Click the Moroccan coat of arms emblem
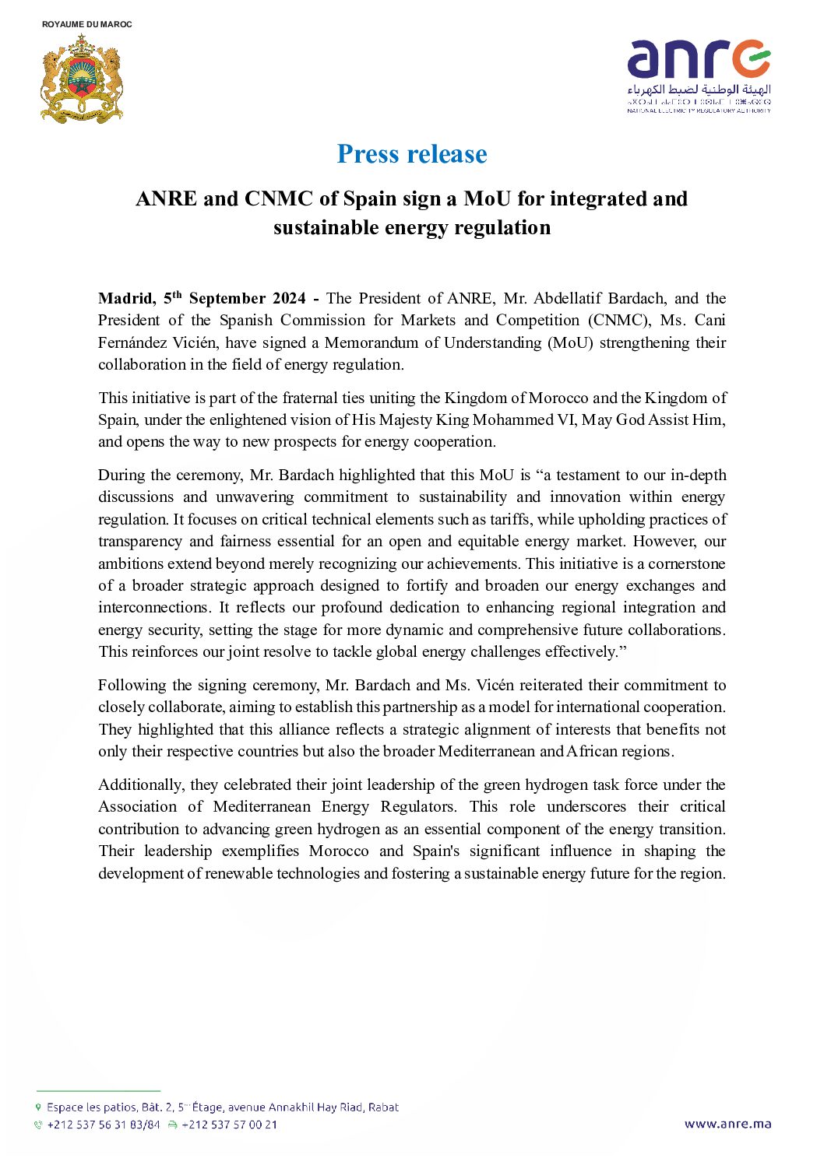[82, 79]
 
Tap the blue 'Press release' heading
[412, 154]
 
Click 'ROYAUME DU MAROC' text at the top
[87, 24]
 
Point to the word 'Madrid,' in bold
[126, 299]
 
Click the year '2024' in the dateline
[288, 299]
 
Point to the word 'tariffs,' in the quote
[510, 519]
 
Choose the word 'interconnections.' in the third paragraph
[153, 608]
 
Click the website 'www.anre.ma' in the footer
[727, 1124]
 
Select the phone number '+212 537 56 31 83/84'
[103, 1125]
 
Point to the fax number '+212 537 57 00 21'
[229, 1125]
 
